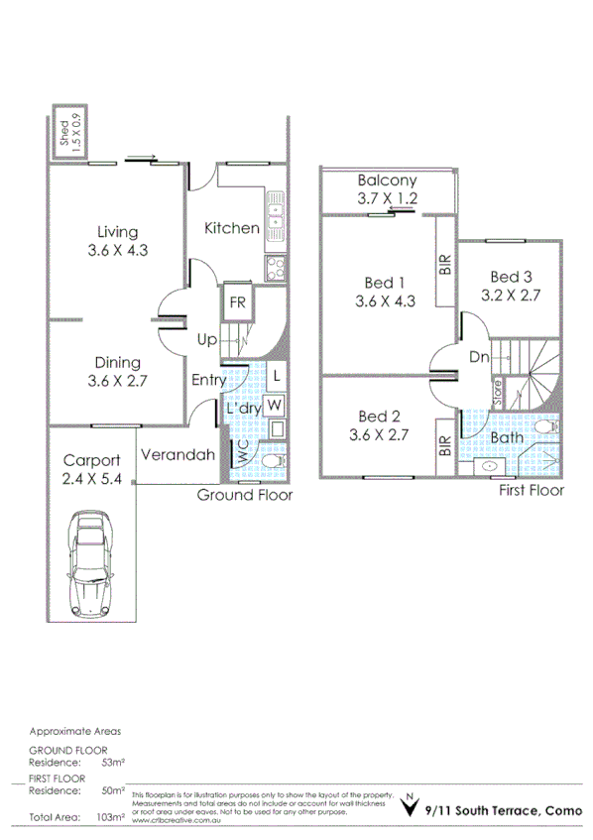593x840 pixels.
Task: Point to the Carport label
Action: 91,460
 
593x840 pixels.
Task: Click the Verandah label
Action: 178,455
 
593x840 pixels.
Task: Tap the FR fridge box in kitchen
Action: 238,303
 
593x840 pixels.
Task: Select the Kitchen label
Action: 231,228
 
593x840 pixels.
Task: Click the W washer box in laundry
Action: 275,405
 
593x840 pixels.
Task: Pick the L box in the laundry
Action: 275,377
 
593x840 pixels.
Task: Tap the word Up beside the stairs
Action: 206,339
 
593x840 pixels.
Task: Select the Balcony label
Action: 387,181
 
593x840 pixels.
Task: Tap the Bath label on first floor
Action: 507,436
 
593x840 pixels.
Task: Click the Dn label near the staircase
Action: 480,357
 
